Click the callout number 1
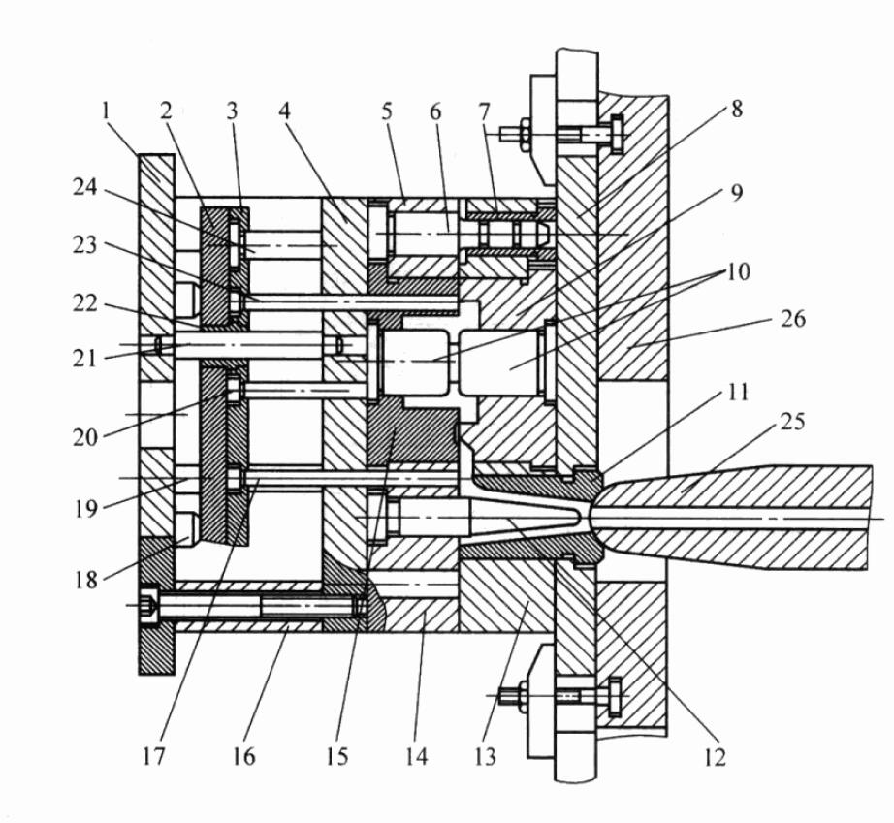(105, 111)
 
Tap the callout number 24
(85, 187)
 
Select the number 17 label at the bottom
(153, 756)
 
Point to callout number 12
(715, 757)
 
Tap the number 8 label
(737, 110)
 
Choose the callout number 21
(84, 360)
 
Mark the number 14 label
(416, 756)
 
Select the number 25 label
(792, 422)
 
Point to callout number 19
(86, 508)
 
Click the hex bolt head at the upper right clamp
(617, 134)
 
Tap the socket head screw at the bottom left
(149, 605)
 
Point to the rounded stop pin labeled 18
(186, 530)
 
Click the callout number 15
(337, 756)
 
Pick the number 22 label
(85, 303)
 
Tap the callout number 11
(738, 393)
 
